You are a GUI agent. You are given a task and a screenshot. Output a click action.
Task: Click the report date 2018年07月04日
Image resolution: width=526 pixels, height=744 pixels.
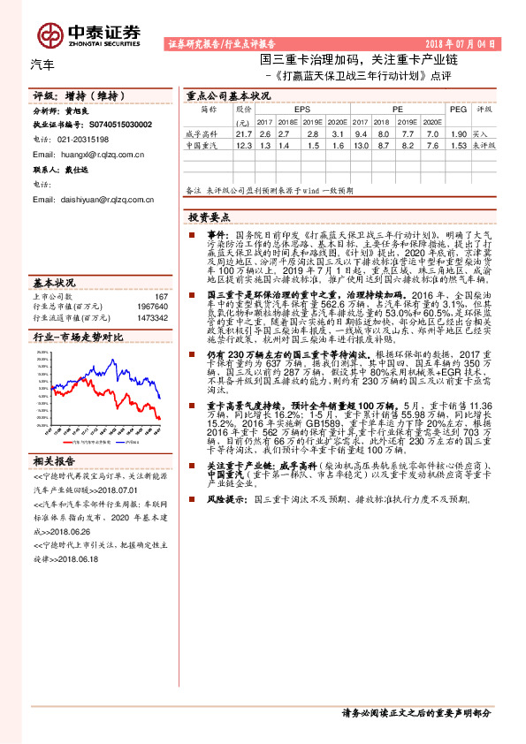coord(466,42)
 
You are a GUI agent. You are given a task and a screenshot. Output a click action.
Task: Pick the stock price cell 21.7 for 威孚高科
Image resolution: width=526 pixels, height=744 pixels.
coord(244,133)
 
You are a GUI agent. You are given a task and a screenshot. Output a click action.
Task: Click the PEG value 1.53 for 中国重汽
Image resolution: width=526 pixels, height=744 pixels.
coord(458,143)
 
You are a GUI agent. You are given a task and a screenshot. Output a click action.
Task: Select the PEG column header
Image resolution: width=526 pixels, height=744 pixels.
coord(457,110)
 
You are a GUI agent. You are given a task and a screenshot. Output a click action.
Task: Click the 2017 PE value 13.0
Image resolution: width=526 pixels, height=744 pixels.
coord(360,143)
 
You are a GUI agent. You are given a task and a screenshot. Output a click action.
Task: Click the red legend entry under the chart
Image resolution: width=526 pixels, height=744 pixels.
coord(80,440)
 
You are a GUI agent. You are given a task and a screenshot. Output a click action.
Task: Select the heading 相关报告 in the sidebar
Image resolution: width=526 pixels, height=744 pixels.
coord(55,460)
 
